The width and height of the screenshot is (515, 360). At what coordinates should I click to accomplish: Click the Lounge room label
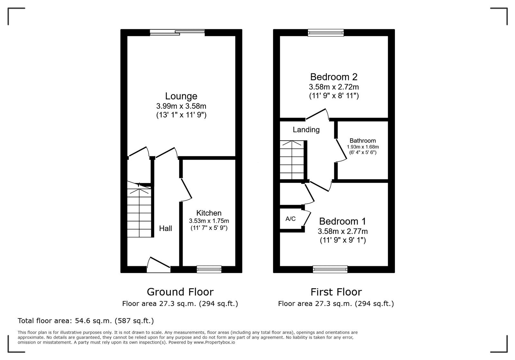point(181,96)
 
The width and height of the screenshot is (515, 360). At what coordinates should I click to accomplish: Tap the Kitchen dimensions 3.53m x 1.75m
point(209,221)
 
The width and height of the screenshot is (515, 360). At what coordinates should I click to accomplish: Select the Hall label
point(165,228)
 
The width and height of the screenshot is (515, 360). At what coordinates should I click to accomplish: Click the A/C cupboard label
point(290,219)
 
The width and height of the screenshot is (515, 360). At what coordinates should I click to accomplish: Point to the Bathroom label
point(362,141)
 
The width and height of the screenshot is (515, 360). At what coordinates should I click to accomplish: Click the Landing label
point(306,130)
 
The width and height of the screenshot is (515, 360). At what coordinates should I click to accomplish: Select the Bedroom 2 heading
point(333,77)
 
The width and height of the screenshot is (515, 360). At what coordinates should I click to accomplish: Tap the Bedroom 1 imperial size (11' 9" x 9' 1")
point(342,240)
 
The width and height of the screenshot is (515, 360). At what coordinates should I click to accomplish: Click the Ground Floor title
point(180,292)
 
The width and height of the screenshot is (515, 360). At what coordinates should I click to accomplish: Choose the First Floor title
point(336,292)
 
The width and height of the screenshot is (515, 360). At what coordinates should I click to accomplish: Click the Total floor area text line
point(86,321)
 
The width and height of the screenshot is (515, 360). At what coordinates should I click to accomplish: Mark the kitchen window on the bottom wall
point(209,269)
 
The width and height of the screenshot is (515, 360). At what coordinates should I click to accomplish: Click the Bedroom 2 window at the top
point(325,32)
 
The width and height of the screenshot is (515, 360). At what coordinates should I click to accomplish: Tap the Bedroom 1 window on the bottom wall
point(330,269)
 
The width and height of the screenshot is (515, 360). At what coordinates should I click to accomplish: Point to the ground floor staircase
point(139,212)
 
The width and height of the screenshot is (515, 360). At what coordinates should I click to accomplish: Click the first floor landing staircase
point(292,160)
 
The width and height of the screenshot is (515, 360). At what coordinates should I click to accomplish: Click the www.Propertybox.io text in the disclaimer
point(214,343)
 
